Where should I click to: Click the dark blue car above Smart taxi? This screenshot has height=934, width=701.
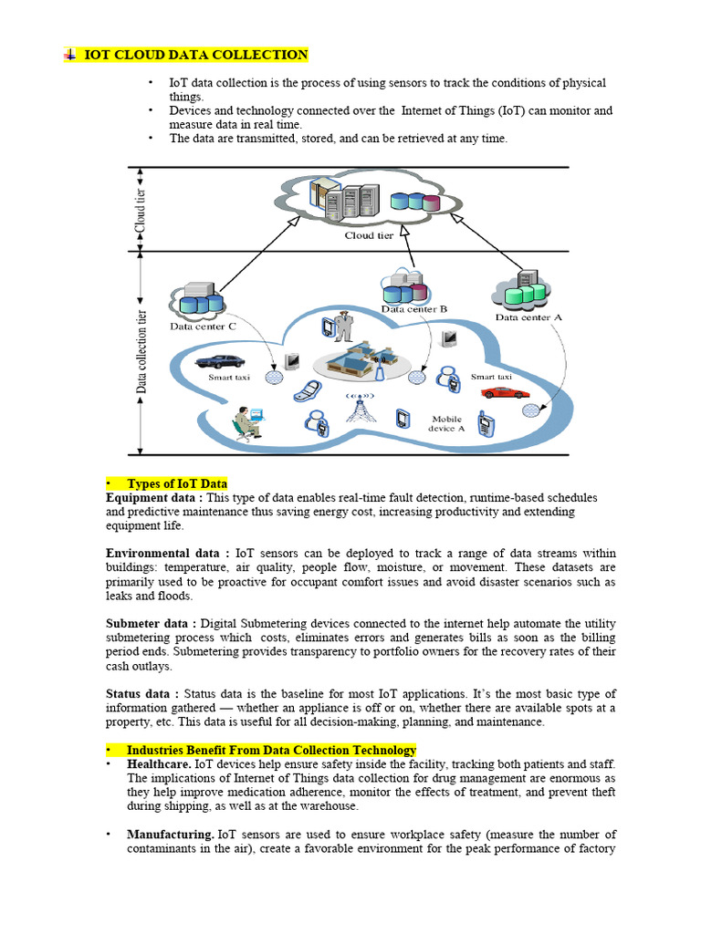(x=219, y=361)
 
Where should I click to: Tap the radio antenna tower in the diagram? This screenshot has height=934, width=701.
(x=359, y=409)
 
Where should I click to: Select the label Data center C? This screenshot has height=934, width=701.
(x=203, y=326)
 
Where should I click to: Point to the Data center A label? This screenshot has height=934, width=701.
(x=529, y=317)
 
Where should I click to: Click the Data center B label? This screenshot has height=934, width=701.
(x=414, y=309)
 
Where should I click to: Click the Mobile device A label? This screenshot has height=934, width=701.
(x=447, y=423)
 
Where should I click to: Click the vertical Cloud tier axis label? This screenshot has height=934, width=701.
(x=140, y=208)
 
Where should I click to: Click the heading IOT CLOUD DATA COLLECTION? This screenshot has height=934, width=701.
(x=195, y=56)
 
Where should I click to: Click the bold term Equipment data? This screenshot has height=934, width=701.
(x=152, y=498)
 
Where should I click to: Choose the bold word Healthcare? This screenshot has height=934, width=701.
(x=159, y=763)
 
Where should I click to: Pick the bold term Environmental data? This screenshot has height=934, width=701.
(x=167, y=553)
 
